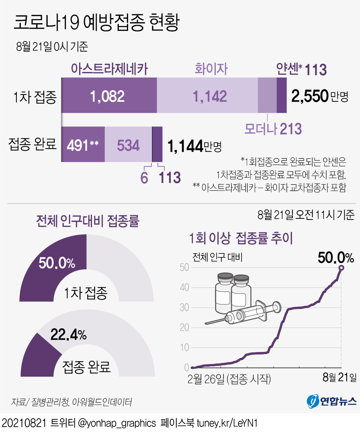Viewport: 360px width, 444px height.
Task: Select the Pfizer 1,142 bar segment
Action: (x=209, y=96)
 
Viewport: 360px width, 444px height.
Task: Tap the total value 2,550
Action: (x=310, y=96)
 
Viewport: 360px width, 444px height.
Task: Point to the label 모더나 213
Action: (x=273, y=129)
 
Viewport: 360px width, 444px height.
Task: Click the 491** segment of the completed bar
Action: (x=83, y=145)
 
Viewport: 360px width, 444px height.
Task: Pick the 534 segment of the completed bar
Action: (x=128, y=145)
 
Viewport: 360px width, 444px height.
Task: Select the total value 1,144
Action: (x=185, y=146)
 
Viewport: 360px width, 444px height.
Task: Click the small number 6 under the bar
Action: (x=144, y=178)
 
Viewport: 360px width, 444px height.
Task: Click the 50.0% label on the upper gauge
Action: (x=57, y=263)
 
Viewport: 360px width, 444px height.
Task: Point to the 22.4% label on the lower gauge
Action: (x=68, y=335)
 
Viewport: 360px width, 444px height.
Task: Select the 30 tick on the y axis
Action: (x=184, y=308)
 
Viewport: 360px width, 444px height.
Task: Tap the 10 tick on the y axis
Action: (x=184, y=348)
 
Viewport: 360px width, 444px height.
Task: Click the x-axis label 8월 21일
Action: (x=339, y=377)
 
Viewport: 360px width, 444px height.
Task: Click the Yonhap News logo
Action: (x=331, y=401)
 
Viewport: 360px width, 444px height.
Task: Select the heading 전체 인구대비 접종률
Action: (x=87, y=221)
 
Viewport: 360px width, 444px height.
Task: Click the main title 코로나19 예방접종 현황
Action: (x=96, y=23)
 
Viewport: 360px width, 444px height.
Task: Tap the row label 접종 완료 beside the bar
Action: (x=33, y=144)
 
